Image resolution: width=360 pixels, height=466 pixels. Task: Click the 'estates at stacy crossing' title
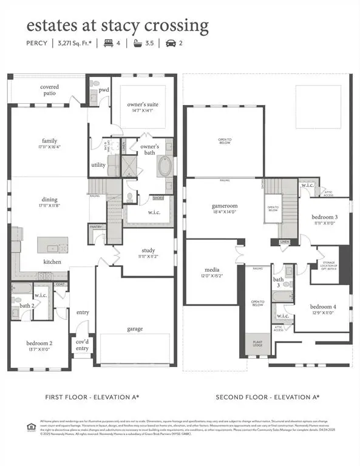point(117,26)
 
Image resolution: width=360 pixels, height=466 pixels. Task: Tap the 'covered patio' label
point(50,90)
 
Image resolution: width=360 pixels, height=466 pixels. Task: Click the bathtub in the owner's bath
point(165,166)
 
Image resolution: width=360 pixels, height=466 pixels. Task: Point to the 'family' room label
point(50,143)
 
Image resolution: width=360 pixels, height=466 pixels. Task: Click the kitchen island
point(53,245)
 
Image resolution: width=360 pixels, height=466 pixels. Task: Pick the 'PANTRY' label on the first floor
point(95,227)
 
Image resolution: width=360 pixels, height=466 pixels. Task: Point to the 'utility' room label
point(98,164)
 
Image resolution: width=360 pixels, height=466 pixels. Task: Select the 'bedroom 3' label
point(325,220)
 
